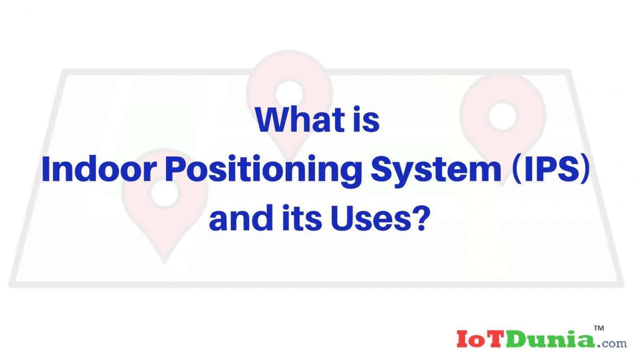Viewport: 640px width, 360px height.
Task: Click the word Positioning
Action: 260,172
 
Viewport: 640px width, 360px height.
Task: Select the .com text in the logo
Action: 612,342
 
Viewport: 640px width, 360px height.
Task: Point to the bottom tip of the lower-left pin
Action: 164,262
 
